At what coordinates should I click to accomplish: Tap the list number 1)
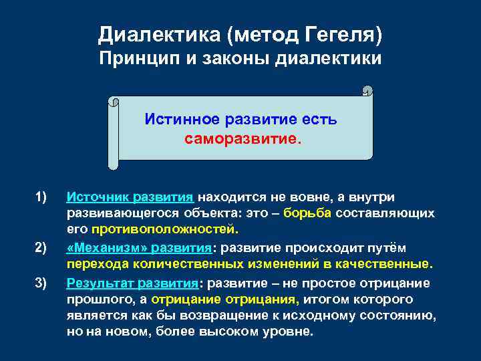[x=41, y=197]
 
